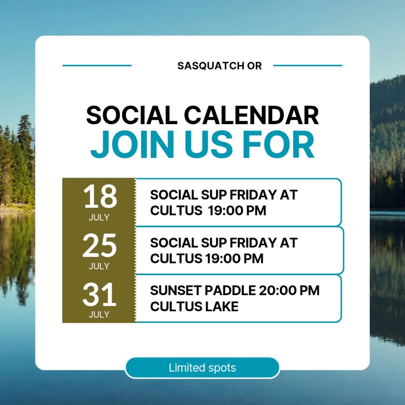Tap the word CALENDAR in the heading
(x=251, y=115)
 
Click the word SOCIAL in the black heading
(x=132, y=115)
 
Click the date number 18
(x=100, y=197)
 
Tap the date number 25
(x=99, y=246)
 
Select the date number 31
(x=99, y=295)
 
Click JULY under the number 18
(x=99, y=217)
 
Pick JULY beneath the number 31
(x=99, y=314)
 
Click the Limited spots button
(x=202, y=368)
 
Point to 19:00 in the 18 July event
(x=224, y=211)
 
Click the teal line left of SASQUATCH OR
(x=97, y=66)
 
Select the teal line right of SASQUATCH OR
(x=308, y=66)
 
